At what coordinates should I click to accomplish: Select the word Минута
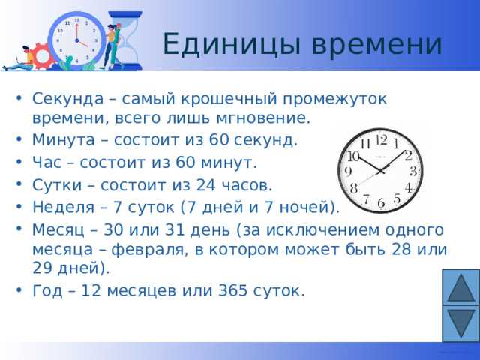pos(56,139)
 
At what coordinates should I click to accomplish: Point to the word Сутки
pos(51,184)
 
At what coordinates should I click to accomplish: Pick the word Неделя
pos(57,206)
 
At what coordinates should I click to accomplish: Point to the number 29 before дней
pos(42,268)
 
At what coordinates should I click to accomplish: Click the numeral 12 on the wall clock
pos(381,139)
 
